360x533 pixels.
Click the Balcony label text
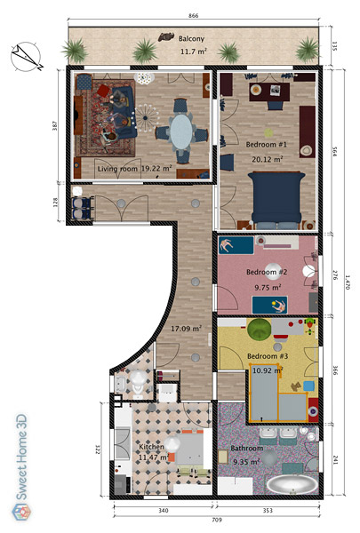coord(192,38)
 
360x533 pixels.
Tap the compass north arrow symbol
coord(26,57)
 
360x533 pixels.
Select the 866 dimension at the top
coord(193,15)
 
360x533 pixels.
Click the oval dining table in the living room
coord(181,131)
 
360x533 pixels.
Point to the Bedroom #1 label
coord(267,145)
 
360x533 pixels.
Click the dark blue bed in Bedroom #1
coord(276,200)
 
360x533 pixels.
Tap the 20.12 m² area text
coord(268,159)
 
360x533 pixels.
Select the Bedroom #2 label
coord(267,272)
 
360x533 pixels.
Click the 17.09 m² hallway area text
coord(186,329)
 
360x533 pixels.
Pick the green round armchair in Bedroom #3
coord(260,329)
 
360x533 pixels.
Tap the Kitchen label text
coord(151,447)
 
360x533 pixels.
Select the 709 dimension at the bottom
coord(216,520)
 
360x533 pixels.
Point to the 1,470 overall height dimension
coord(347,282)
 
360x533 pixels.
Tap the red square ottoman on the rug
coord(103,91)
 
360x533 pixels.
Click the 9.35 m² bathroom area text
coord(246,462)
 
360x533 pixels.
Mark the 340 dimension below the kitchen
coord(164,511)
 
